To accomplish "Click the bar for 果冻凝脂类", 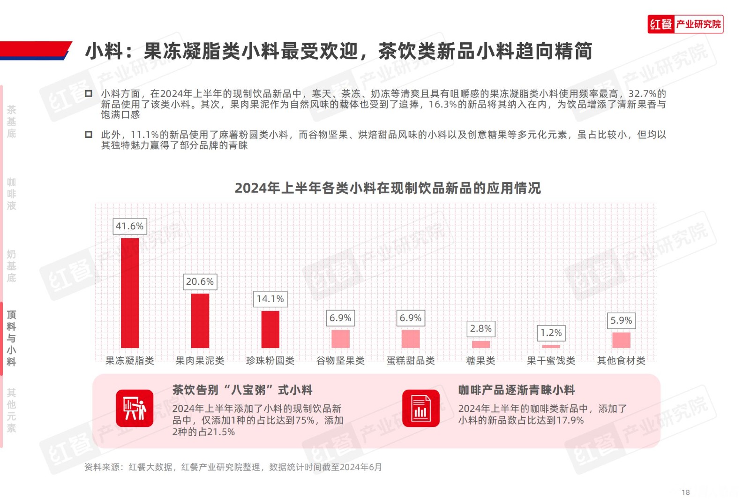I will point(130,293).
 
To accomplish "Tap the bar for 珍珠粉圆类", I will point(270,329).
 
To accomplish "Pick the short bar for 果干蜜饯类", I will point(551,347).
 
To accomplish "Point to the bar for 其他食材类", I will point(621,340).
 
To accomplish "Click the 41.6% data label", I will point(130,226).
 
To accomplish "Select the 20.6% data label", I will point(200,281).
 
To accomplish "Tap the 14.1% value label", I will point(270,299).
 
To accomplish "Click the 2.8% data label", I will point(480,328).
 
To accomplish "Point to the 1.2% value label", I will point(551,333).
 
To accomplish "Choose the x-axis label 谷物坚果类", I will point(340,361).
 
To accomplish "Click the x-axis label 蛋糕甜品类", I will point(411,361).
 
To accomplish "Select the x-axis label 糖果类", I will point(480,361).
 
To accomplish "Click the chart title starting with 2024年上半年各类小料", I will point(388,188).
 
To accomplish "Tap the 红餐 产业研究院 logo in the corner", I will point(685,24).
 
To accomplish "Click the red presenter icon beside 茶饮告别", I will point(135,408).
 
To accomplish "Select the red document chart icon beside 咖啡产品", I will point(420,408).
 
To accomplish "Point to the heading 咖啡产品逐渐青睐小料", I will point(517,390).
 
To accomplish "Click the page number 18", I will point(685,492).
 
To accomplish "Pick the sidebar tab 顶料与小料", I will point(11,338).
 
